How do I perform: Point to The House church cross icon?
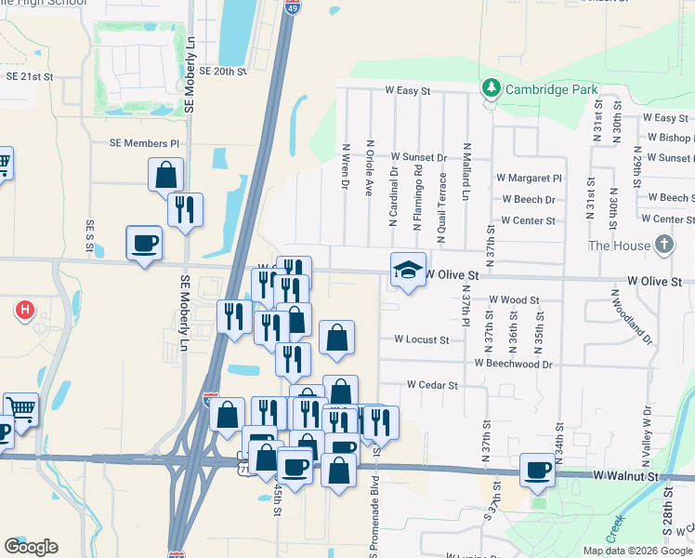coord(663,245)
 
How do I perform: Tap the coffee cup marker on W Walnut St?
coord(537,470)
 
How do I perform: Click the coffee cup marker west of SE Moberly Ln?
coord(144,244)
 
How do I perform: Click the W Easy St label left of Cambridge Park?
coord(409,91)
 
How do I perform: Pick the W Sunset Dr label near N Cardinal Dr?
coord(419,158)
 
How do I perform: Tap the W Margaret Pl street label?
coord(529,178)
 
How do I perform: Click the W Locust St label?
coord(421,340)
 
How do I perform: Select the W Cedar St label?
coord(432,385)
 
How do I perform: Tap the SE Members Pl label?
coord(144,143)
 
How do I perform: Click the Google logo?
coord(31,547)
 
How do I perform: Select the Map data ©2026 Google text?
coord(636,551)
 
